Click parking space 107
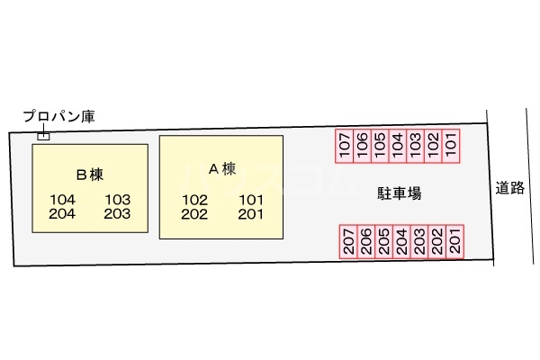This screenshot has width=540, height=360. (345, 146)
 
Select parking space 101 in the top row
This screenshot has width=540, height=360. (452, 146)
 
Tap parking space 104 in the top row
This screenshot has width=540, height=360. (399, 146)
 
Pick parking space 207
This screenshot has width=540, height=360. (348, 241)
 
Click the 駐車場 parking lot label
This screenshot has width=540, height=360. (400, 193)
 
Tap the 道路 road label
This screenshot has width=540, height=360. (509, 188)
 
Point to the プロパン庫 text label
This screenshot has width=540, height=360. (58, 117)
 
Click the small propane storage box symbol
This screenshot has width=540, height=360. (42, 136)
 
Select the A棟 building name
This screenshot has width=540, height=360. (221, 168)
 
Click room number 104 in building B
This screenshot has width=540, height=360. (63, 200)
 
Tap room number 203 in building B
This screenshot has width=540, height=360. (117, 214)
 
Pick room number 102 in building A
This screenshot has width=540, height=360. (194, 200)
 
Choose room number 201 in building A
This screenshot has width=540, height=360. (250, 214)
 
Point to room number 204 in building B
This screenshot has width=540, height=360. (63, 214)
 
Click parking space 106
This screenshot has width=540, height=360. (363, 146)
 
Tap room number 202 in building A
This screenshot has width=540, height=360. (194, 214)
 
